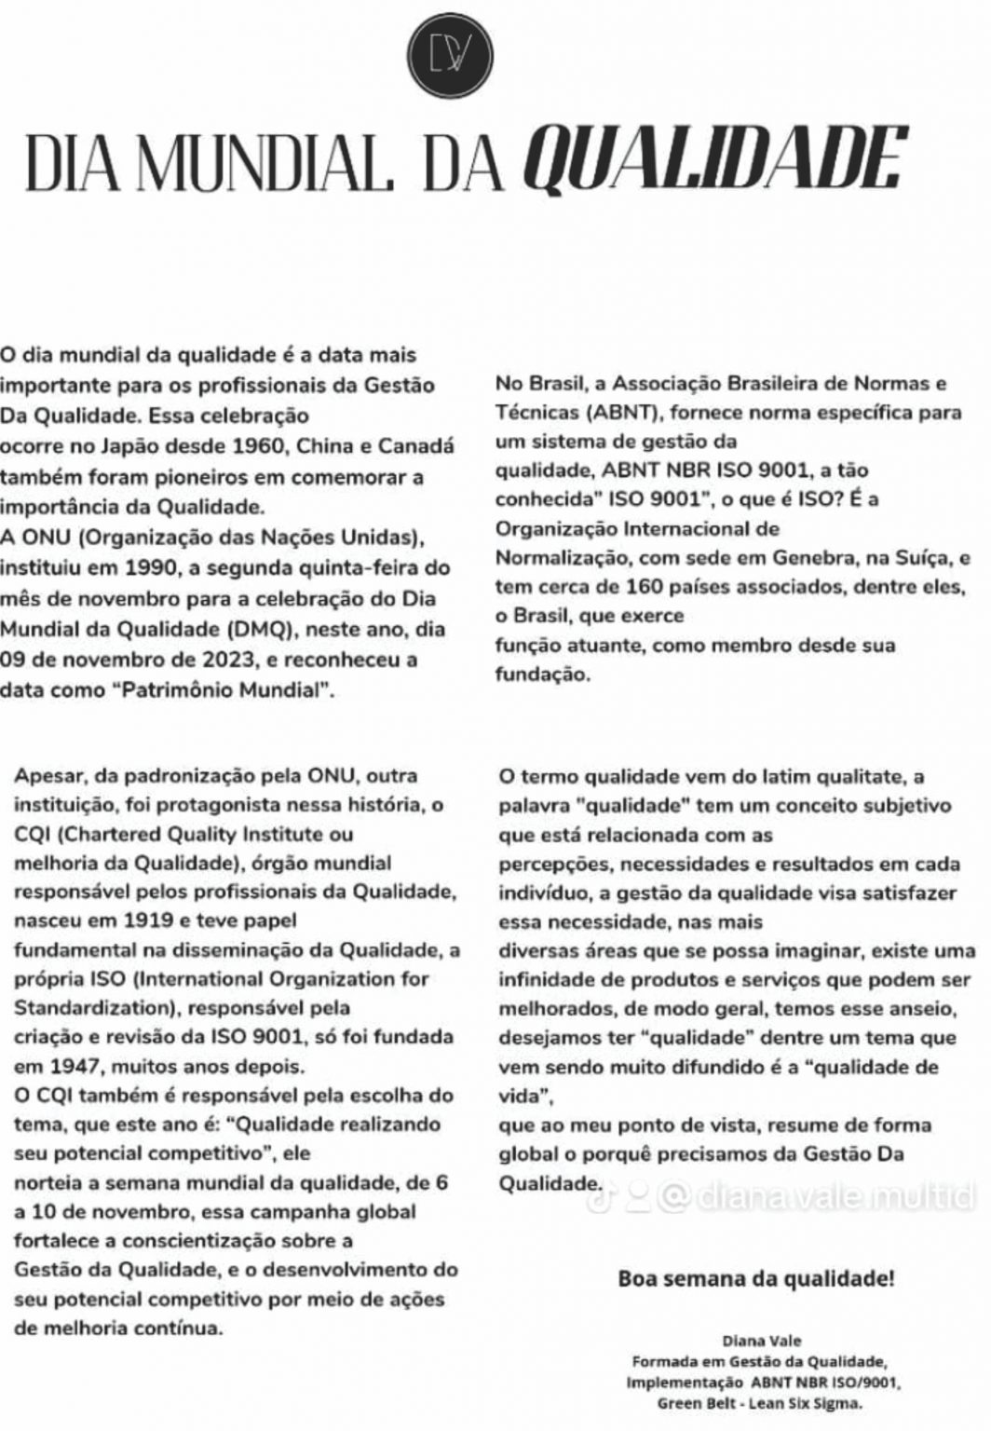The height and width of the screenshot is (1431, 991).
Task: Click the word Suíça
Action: (x=917, y=558)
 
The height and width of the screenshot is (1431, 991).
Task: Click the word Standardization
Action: (x=79, y=1008)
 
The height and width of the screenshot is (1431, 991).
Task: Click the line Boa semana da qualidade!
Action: (x=755, y=1278)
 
